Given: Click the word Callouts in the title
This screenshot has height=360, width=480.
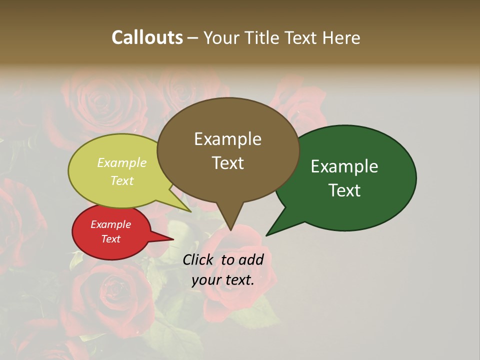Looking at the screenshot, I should pos(147,37).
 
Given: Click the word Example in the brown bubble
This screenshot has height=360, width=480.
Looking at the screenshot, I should pos(227,139).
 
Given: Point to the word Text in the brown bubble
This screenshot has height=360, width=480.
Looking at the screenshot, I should pos(227,162).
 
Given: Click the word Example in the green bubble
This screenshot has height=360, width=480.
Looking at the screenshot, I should pos(344,166).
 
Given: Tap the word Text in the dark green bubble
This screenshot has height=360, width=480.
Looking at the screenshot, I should pos(344,190).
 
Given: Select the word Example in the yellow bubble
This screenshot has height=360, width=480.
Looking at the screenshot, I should pos(122,163).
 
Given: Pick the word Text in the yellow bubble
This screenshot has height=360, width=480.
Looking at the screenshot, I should pos(122,180).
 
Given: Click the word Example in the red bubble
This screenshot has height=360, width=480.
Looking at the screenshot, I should pos(111,224).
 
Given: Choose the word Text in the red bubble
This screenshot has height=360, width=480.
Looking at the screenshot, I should pos(111,239).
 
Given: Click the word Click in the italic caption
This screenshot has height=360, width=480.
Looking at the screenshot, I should pos(199,259).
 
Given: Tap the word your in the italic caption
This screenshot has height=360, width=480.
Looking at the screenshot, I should pos(206,280).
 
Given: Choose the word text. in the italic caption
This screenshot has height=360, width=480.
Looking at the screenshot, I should pos(239,280).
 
